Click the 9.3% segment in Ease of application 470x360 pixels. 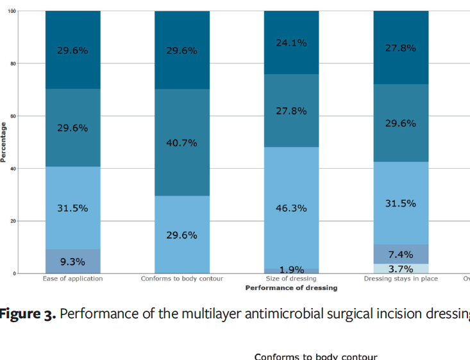click(x=72, y=261)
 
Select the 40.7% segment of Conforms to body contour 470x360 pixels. click(x=182, y=142)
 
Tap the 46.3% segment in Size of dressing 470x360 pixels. click(x=291, y=208)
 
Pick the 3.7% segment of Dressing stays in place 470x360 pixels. click(x=401, y=269)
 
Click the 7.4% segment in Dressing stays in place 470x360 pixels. click(x=401, y=254)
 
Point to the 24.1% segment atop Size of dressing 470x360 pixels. click(x=291, y=43)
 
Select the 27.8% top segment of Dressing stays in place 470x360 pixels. click(x=401, y=48)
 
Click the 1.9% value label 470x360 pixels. click(x=291, y=270)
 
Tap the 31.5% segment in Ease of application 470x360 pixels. click(x=72, y=208)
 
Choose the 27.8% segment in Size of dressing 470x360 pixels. click(x=291, y=111)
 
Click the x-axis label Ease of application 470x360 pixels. click(x=72, y=279)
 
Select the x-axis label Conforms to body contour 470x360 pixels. click(x=182, y=279)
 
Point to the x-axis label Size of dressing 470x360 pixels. click(x=291, y=279)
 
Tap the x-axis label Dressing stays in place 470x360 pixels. click(x=401, y=279)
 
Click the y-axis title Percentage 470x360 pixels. click(x=4, y=142)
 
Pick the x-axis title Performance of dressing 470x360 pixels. click(x=291, y=288)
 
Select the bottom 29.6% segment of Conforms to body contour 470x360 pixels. click(x=182, y=235)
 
